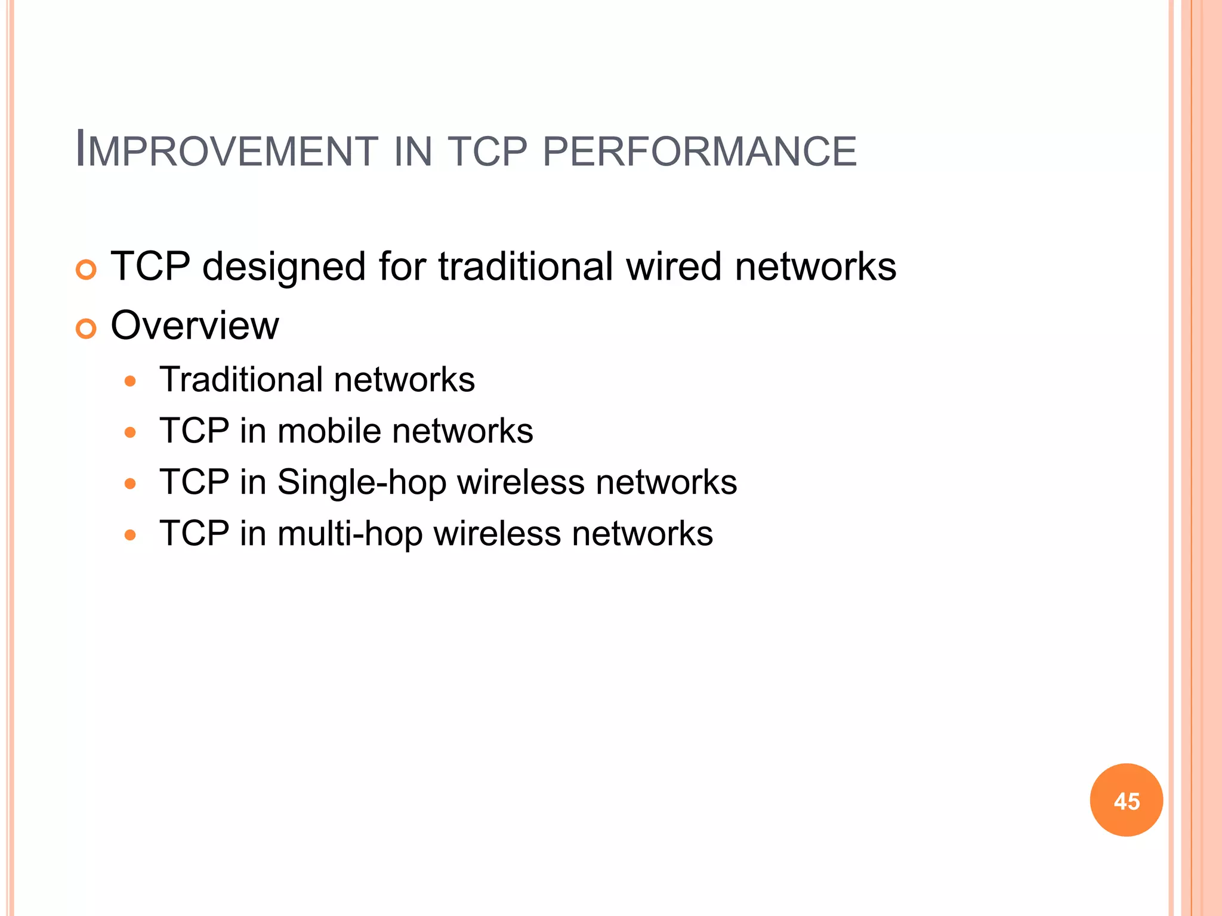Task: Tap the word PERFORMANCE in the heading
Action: [x=699, y=150]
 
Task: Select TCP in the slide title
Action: [x=487, y=150]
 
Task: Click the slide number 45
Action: [x=1126, y=801]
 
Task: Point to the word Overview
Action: [x=195, y=326]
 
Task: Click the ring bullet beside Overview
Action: [x=87, y=329]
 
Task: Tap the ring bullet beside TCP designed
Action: [x=87, y=270]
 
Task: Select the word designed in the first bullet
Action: [x=283, y=267]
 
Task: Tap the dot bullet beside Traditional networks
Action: [x=131, y=381]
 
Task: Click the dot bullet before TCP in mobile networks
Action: [x=131, y=432]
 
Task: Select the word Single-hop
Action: [x=362, y=482]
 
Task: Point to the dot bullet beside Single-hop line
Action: [x=131, y=484]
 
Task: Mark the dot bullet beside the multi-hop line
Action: [x=131, y=535]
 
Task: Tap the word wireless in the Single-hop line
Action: [x=521, y=482]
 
